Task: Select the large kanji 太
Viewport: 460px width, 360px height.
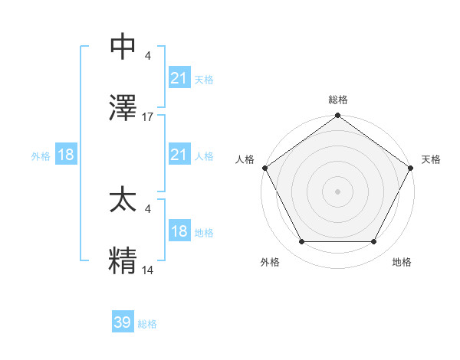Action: (123, 201)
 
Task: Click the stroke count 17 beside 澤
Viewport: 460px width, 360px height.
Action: (148, 117)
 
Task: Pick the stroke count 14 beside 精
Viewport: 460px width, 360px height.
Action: (148, 270)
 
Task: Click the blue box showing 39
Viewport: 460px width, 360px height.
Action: (123, 322)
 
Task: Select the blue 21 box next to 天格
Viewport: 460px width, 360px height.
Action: (179, 78)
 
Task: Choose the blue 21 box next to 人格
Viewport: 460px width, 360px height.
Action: (179, 155)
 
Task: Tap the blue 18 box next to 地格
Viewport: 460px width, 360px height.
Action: (179, 231)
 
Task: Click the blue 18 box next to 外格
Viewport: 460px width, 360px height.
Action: (66, 155)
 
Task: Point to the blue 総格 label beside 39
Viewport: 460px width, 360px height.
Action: (147, 324)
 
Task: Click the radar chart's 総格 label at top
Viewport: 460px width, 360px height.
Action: (337, 100)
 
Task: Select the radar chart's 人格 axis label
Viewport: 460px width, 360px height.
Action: (245, 159)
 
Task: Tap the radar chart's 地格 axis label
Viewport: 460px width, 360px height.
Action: (402, 262)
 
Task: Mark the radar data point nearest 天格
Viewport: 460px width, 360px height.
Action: (412, 167)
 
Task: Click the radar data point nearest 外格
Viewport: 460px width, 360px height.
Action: (301, 242)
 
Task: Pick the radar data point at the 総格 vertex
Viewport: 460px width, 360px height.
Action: (337, 116)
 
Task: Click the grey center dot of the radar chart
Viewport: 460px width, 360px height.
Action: (337, 191)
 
